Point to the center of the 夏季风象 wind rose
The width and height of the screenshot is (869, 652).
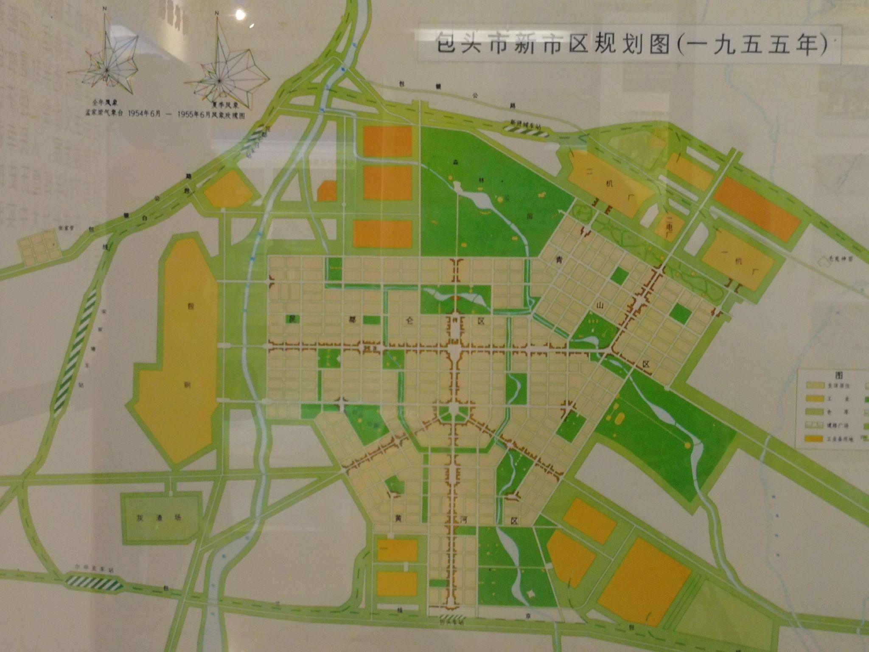click(x=219, y=80)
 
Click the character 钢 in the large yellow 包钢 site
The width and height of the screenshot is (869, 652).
click(x=187, y=385)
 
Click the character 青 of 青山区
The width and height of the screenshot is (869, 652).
click(x=558, y=260)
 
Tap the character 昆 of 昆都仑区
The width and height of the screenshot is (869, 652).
click(x=292, y=318)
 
